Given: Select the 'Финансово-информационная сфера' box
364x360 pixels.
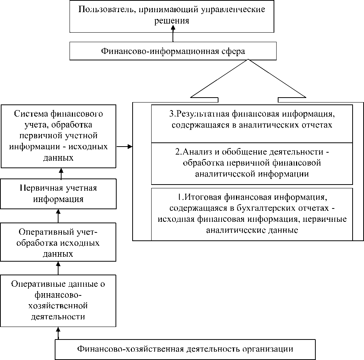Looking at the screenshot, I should coord(173,51).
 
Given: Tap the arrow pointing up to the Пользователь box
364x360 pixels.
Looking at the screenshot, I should coord(173,36).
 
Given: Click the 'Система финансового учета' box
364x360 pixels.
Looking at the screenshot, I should coord(59,136).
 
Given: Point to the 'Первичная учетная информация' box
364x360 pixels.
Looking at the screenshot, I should coord(59,193).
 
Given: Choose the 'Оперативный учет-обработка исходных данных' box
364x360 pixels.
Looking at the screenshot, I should coord(59,242).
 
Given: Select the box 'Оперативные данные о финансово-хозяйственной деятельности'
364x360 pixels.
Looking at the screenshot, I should coord(59,300).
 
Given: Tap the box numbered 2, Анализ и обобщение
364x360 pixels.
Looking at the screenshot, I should coord(252,163).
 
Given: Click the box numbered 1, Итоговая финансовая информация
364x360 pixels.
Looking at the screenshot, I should coord(252,214).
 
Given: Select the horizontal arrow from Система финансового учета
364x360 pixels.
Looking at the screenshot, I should coord(124,146).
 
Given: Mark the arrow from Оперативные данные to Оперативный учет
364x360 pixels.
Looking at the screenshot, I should coord(59,267).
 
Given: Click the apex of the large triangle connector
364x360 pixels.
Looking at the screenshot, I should coord(248,60).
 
